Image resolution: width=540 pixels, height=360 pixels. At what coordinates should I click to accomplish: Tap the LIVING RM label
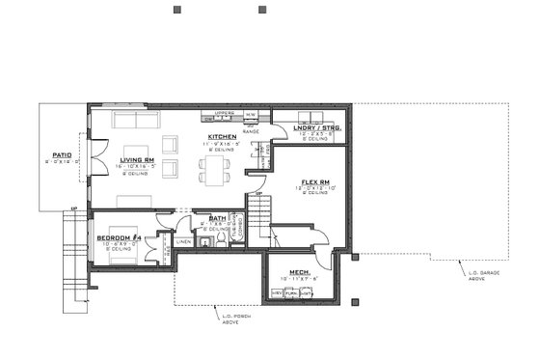(136, 160)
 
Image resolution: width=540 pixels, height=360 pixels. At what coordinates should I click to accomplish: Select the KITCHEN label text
(222, 137)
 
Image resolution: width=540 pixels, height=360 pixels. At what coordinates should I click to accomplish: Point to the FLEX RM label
(315, 181)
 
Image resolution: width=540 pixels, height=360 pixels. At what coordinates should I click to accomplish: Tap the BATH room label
(218, 218)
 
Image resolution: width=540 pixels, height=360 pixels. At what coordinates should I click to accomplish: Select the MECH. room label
(299, 273)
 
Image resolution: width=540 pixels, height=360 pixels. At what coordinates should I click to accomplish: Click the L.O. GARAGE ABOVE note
(482, 274)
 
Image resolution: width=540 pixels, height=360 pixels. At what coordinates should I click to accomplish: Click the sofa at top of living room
(136, 120)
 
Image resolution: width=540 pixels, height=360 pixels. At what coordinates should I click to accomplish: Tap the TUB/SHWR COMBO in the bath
(242, 227)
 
